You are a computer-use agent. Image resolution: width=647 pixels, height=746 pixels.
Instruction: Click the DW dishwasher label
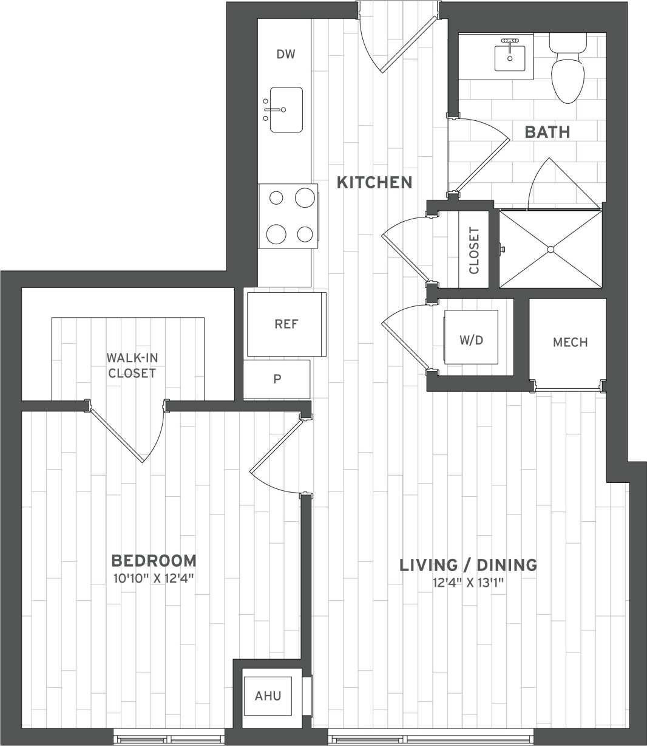(286, 55)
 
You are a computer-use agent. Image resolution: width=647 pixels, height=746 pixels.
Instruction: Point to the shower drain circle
(551, 250)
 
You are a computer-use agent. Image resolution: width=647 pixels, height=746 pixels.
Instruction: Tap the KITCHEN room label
(374, 182)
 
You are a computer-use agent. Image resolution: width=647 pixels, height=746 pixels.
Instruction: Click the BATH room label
(547, 132)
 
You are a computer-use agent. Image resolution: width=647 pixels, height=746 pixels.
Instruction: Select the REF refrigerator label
(286, 324)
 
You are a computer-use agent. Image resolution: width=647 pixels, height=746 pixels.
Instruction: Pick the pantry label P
(277, 379)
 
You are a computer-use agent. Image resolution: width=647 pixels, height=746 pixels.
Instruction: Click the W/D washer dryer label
(471, 340)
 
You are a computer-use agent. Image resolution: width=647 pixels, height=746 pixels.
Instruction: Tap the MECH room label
(570, 342)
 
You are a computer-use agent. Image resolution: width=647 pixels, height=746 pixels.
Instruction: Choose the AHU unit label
(268, 696)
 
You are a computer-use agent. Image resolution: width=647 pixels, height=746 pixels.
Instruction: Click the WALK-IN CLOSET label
(132, 365)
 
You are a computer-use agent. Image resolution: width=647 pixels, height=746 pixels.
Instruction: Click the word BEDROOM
(154, 560)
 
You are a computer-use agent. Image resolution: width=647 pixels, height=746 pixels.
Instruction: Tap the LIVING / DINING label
(468, 565)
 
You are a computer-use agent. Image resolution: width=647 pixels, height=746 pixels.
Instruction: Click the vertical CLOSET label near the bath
(475, 250)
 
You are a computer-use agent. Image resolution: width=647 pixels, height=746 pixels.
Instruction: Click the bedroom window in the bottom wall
(169, 738)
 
